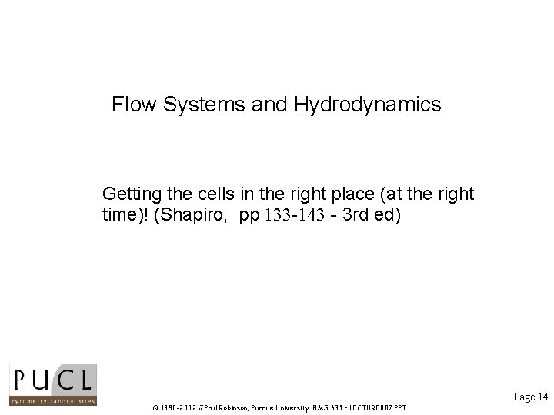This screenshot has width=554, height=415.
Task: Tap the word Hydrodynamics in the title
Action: [367, 105]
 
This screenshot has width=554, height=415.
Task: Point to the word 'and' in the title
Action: [269, 105]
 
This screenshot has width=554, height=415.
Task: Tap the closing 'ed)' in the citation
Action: [387, 214]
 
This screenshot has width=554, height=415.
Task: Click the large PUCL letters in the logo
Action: [52, 379]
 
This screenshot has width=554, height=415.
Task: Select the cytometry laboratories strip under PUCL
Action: [52, 400]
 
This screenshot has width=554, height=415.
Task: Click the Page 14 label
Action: [530, 397]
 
